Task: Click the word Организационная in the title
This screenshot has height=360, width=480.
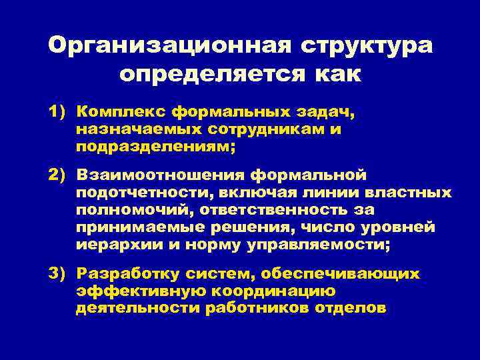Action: tap(169, 46)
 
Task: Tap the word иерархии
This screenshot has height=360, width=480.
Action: tap(113, 245)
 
